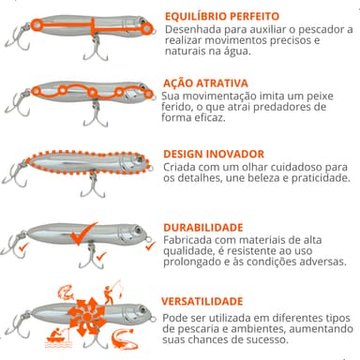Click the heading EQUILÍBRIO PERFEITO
222,16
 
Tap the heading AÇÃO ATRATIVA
205,83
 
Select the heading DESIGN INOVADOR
214,154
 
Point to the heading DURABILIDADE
203,227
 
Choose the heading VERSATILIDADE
202,301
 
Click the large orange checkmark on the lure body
83,234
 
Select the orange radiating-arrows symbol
87,317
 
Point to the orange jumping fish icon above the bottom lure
66,292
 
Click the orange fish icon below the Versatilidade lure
125,339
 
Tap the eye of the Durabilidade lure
138,230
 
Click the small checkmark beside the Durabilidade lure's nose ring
150,246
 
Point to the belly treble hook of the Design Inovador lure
92,186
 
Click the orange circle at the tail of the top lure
37,25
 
